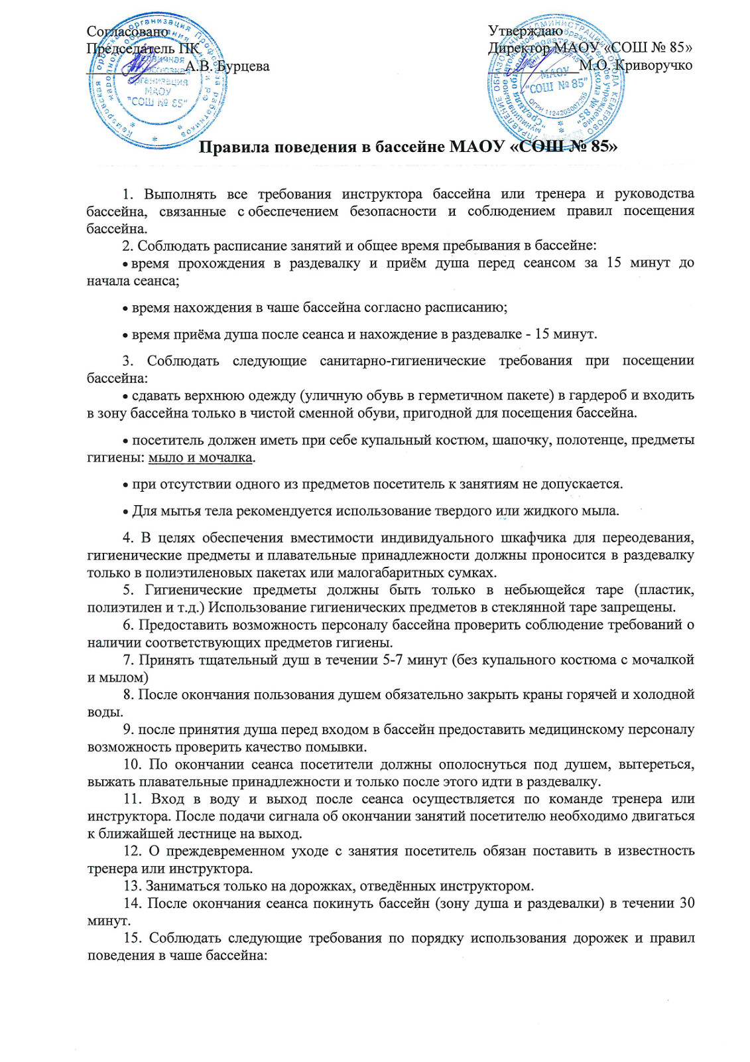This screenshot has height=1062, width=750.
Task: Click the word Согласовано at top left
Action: tap(128, 31)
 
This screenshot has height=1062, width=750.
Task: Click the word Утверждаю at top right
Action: tap(525, 31)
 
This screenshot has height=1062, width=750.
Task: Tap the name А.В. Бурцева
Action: tap(227, 66)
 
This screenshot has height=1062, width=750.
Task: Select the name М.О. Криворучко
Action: tap(635, 65)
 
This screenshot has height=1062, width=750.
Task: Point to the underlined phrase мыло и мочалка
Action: tap(200, 457)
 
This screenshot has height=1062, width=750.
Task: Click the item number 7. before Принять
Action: tap(129, 659)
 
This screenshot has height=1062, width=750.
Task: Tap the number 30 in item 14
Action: tap(687, 903)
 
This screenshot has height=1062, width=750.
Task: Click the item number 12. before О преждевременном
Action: tap(133, 851)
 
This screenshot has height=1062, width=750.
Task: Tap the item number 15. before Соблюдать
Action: tap(133, 938)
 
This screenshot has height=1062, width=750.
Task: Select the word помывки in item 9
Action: tap(340, 747)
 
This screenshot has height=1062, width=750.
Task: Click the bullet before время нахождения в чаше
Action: tap(125, 309)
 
